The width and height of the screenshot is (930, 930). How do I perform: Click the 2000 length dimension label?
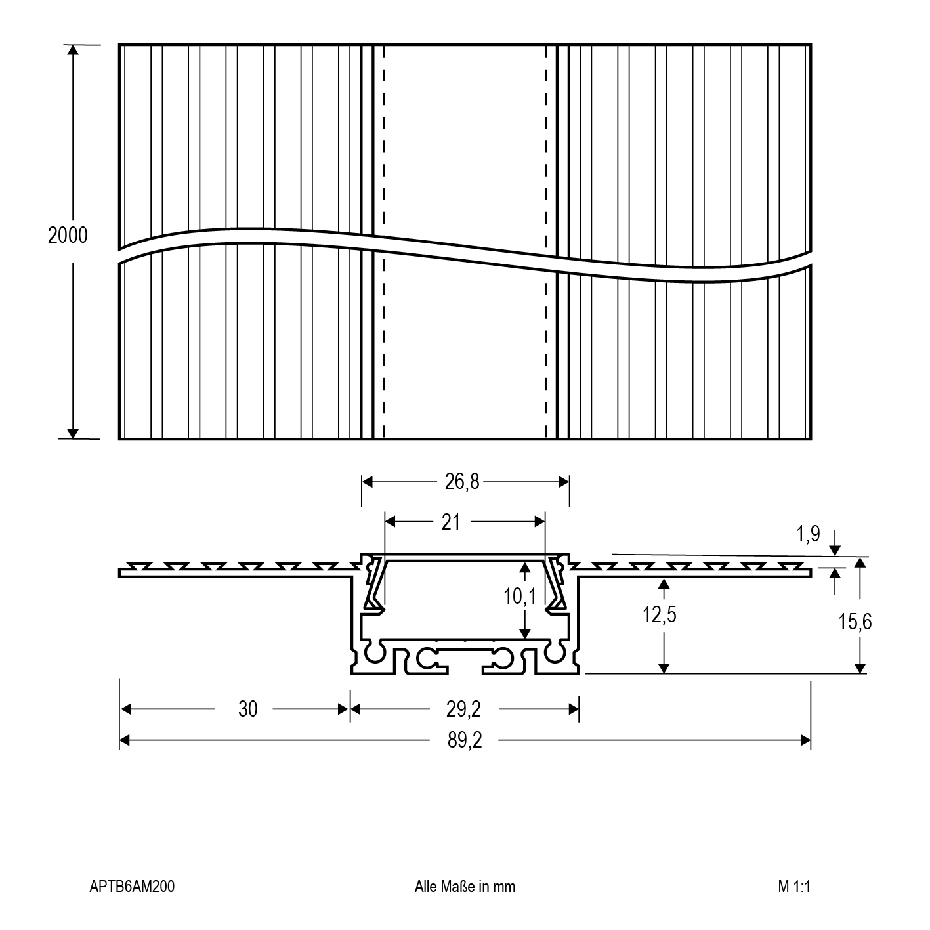[68, 235]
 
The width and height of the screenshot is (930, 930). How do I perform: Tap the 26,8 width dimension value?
[462, 482]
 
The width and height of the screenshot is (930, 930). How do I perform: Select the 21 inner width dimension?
[450, 522]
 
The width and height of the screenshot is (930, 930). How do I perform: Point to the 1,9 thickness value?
[808, 534]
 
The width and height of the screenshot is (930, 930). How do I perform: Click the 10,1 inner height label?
[520, 597]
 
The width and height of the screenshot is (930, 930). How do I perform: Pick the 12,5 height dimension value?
[659, 614]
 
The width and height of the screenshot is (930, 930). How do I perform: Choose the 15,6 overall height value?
[855, 622]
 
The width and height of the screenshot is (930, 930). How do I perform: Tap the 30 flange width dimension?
[247, 709]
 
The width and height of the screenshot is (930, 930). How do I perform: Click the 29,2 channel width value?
[463, 709]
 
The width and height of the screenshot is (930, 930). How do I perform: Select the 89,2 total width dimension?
[464, 740]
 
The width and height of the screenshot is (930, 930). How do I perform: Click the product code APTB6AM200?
[132, 887]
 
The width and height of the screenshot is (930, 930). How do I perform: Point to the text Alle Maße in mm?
[465, 887]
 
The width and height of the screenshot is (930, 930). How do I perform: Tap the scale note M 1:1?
[794, 887]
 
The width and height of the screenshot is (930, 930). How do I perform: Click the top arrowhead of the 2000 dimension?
[73, 50]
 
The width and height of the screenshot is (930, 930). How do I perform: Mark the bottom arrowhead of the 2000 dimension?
[73, 434]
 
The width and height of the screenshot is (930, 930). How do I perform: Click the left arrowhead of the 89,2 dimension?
[125, 740]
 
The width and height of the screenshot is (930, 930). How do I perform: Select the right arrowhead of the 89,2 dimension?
[806, 740]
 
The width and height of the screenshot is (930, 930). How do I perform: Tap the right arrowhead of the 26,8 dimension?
[564, 482]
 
